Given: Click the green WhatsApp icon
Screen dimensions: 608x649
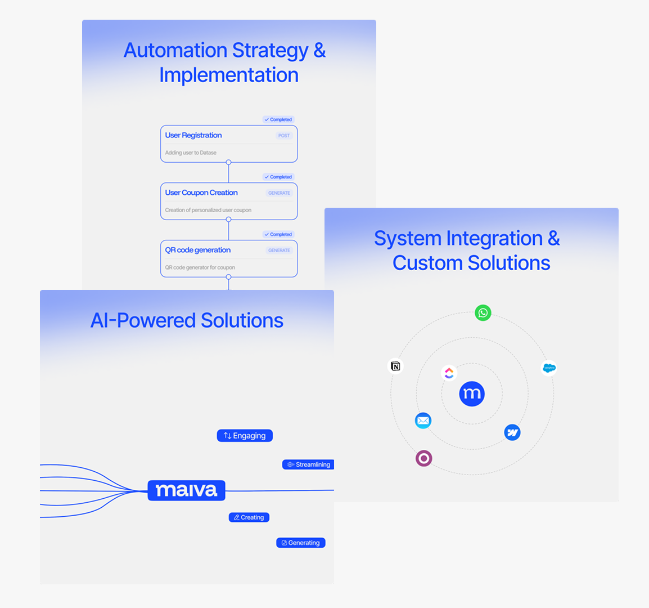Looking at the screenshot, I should click(x=483, y=312).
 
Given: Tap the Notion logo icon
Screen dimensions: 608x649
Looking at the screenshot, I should click(x=396, y=366).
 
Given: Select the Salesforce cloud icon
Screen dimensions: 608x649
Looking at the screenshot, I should click(x=549, y=368).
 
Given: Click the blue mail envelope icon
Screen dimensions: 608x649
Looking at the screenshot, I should click(x=423, y=421).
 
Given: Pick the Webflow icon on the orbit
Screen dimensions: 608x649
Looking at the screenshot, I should click(x=512, y=432).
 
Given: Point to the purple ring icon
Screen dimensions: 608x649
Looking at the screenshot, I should click(x=423, y=458).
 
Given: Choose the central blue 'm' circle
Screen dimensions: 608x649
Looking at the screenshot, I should click(x=472, y=394).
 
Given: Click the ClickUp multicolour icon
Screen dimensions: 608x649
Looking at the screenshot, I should click(x=449, y=373).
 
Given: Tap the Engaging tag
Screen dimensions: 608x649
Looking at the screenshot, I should click(x=245, y=436).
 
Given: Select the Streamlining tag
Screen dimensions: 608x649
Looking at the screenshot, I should click(x=308, y=464).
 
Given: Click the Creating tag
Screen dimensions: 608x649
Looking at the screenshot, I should click(x=249, y=517).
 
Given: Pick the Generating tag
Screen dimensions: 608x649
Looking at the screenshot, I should click(x=301, y=543).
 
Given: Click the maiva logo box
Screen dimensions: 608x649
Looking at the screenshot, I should click(x=186, y=490).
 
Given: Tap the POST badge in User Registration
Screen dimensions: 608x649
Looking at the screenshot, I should click(x=284, y=136).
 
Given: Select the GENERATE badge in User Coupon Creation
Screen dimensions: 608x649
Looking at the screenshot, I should click(x=279, y=193).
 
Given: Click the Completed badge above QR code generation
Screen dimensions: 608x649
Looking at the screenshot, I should click(x=278, y=234).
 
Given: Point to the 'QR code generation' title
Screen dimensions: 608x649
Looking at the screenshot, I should click(x=198, y=250).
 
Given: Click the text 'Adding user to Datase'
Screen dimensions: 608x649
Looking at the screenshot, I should click(x=191, y=153).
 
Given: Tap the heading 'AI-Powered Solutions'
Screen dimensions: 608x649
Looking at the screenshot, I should click(x=187, y=320).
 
